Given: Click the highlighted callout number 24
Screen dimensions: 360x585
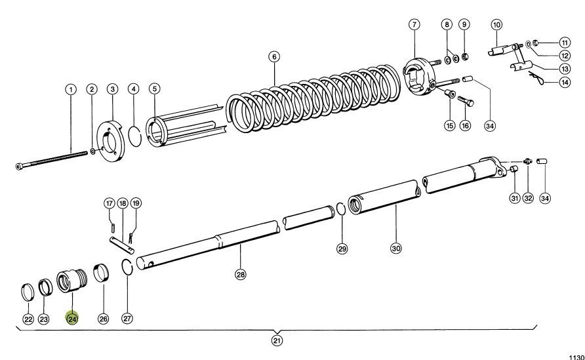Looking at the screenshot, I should (71, 319).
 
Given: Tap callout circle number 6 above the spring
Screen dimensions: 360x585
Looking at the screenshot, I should (273, 56).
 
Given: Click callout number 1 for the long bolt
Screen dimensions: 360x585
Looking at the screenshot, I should (70, 89).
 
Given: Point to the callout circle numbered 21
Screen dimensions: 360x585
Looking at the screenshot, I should (277, 340).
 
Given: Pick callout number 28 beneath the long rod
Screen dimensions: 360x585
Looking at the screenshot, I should (240, 275).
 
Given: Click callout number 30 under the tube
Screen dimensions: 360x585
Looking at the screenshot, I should (395, 249).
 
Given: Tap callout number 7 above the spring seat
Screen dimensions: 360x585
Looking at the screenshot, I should (414, 25).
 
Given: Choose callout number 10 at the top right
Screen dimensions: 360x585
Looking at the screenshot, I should (496, 25).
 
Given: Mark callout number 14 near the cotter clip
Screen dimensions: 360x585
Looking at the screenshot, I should (546, 82).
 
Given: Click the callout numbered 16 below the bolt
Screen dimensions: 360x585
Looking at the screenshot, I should (465, 125).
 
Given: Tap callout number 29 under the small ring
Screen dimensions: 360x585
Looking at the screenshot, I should (342, 249).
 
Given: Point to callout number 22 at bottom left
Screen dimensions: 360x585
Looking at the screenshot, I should (28, 319).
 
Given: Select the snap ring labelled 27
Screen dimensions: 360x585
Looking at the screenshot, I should (129, 268).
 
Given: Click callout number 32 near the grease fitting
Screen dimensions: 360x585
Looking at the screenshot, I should (529, 198).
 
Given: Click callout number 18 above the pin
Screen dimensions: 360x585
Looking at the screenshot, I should (123, 203).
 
